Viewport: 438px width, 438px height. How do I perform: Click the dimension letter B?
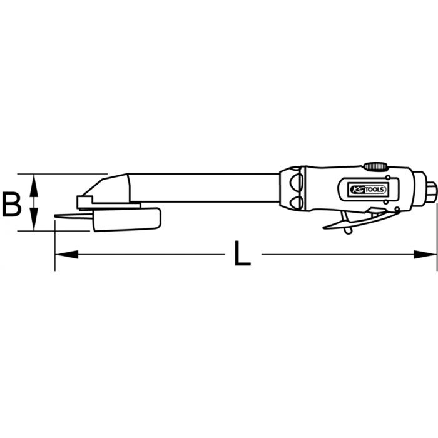point(12,204)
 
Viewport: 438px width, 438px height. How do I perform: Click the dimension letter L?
point(241,254)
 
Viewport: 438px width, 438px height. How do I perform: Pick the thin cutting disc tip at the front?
point(63,217)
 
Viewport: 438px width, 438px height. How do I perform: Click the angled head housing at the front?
point(113,188)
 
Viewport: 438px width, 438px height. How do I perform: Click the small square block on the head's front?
point(84,201)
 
